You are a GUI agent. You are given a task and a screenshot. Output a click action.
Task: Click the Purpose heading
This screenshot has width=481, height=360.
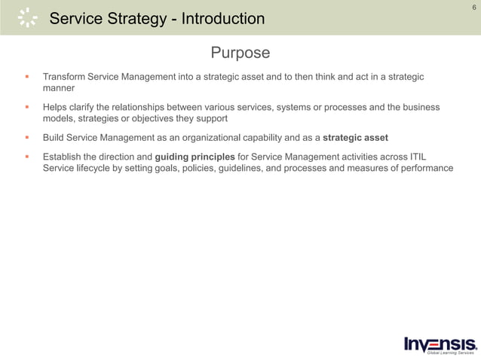click(240, 53)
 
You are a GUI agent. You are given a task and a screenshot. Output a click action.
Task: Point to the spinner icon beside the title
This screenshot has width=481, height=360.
click(27, 17)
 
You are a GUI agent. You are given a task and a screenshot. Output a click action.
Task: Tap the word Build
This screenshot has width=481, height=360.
click(54, 137)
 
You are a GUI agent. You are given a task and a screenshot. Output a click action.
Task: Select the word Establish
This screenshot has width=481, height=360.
click(63, 157)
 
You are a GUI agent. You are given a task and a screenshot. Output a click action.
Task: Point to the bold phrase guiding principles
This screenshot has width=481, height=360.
click(195, 157)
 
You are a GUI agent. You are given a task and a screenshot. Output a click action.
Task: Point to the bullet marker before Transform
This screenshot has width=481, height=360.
click(26, 77)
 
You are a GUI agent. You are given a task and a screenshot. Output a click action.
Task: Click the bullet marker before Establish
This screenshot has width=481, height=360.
click(26, 157)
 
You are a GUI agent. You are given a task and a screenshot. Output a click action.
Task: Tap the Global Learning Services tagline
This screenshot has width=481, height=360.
click(450, 352)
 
